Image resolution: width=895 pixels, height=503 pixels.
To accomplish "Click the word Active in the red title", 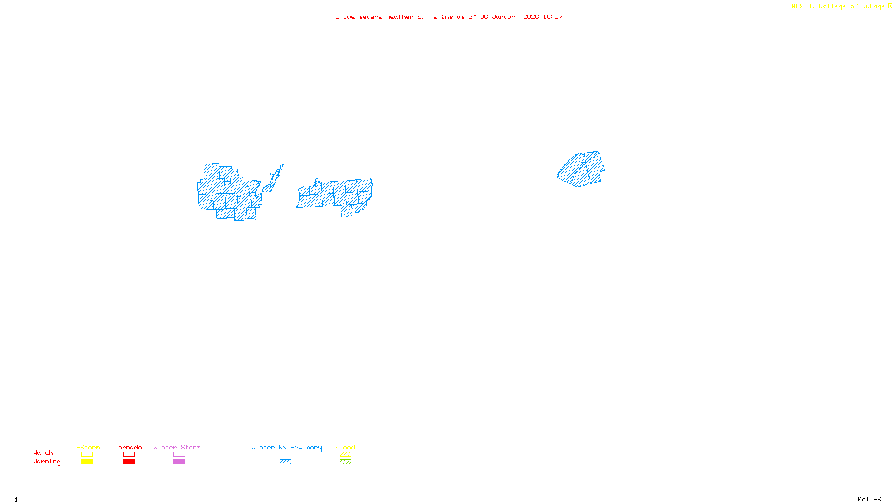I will point(343,17).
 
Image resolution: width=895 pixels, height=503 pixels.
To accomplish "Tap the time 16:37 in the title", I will point(553,17).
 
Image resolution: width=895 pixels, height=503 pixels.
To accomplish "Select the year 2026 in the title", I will point(531,17).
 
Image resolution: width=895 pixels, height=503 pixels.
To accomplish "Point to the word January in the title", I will point(506,17).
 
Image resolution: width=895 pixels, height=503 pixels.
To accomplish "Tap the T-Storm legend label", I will point(86,447).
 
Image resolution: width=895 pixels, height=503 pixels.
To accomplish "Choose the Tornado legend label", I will point(128,447).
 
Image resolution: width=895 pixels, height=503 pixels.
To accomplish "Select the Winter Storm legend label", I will point(177,447).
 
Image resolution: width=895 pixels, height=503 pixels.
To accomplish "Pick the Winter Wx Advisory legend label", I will point(286,447).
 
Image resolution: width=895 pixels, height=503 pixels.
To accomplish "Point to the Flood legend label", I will point(345,447).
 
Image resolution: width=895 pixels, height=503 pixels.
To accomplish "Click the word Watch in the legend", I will point(43,453).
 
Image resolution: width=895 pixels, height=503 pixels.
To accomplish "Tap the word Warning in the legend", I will point(47,462).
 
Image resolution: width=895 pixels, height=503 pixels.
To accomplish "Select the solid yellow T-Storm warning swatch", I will point(87,462).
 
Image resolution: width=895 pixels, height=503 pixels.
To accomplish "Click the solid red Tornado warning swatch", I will point(129,462).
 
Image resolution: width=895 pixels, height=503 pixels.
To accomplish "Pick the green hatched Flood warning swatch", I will point(345,462).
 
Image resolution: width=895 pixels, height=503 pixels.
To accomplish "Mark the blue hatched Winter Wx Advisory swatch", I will point(285,462).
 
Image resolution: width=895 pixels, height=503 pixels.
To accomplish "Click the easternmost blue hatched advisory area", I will point(582,169).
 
